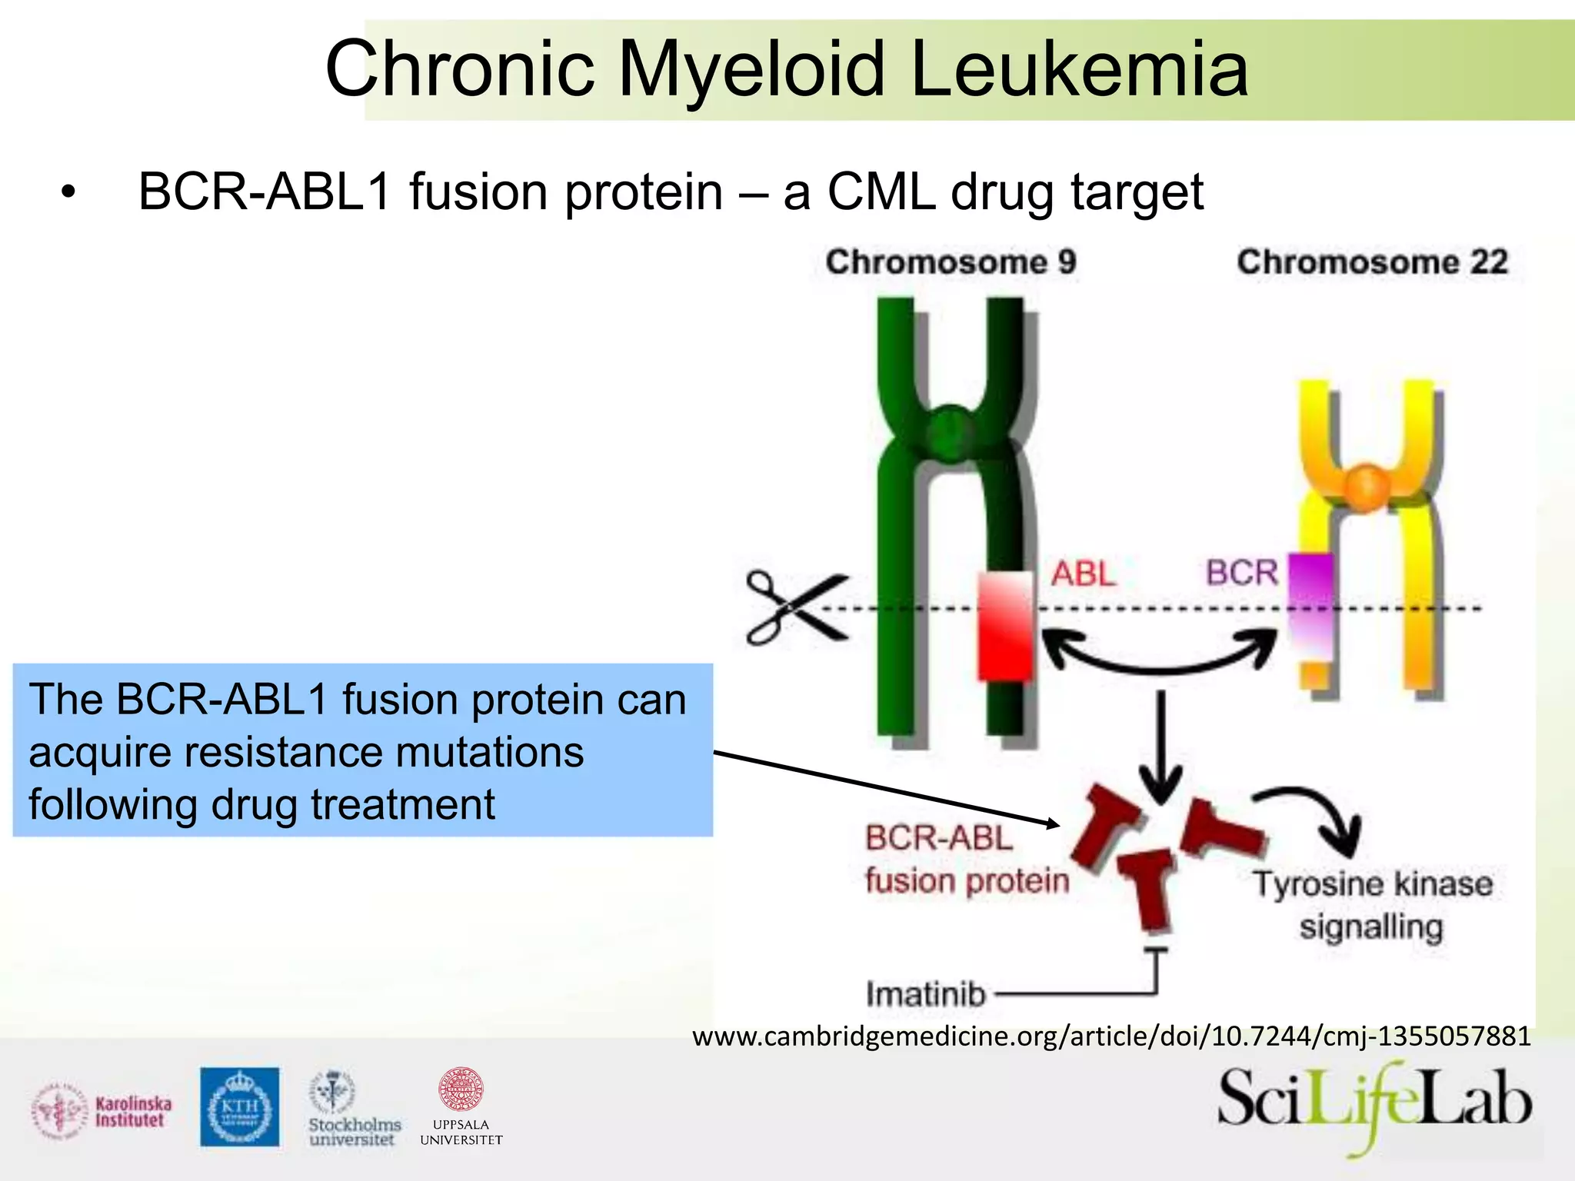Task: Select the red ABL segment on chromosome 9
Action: point(1004,627)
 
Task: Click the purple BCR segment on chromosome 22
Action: point(1310,604)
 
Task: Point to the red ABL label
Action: point(1084,574)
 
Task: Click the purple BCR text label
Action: point(1241,573)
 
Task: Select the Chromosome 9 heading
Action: point(951,262)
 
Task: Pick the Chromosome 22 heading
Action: point(1372,262)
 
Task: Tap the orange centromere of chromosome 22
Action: point(1366,487)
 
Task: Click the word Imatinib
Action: point(926,994)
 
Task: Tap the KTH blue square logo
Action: point(239,1106)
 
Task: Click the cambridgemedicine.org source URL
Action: point(1111,1036)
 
